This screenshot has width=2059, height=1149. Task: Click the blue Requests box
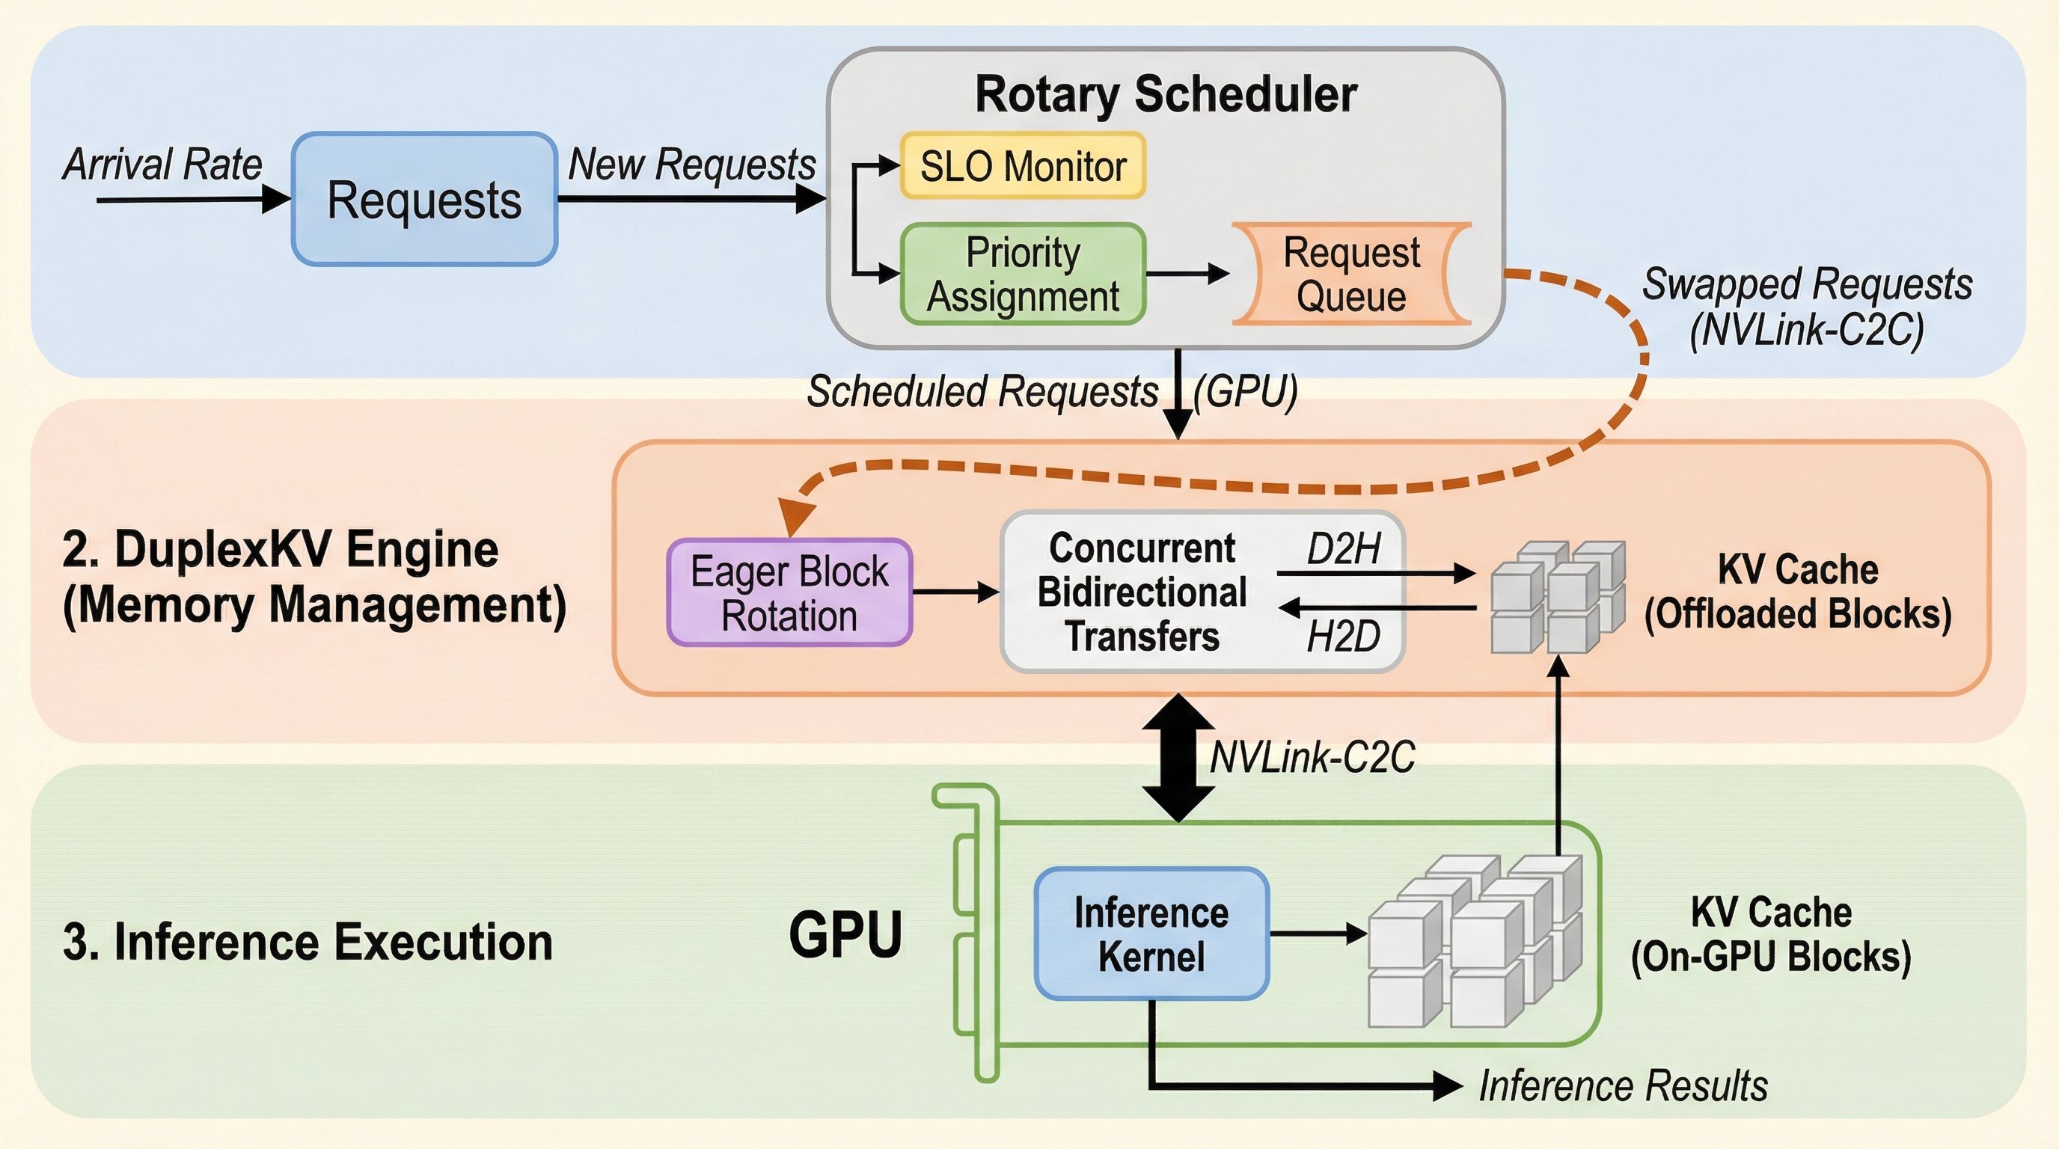pyautogui.click(x=424, y=199)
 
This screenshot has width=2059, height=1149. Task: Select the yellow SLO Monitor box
pyautogui.click(x=1023, y=166)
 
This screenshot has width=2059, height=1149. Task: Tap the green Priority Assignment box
pyautogui.click(x=1023, y=274)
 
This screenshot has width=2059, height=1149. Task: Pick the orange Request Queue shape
pyautogui.click(x=1350, y=274)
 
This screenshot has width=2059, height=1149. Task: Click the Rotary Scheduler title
pyautogui.click(x=1166, y=94)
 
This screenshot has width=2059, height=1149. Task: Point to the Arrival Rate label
pyautogui.click(x=162, y=165)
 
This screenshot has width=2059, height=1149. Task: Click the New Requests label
pyautogui.click(x=691, y=165)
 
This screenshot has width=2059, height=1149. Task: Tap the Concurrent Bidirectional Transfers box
pyautogui.click(x=1143, y=592)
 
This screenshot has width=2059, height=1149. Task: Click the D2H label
pyautogui.click(x=1344, y=550)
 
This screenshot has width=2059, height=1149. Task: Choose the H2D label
pyautogui.click(x=1344, y=637)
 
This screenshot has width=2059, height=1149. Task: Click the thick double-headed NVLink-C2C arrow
pyautogui.click(x=1178, y=758)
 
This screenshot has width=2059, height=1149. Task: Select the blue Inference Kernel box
pyautogui.click(x=1151, y=934)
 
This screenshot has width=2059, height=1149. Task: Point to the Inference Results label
pyautogui.click(x=1623, y=1086)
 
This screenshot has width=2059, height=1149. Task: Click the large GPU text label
pyautogui.click(x=845, y=934)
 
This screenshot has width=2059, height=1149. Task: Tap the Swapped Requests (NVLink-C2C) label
pyautogui.click(x=1806, y=307)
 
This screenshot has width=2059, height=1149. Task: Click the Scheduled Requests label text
pyautogui.click(x=982, y=391)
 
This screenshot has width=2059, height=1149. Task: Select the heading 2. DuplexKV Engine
pyautogui.click(x=280, y=550)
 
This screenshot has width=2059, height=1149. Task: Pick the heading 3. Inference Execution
pyautogui.click(x=308, y=942)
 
